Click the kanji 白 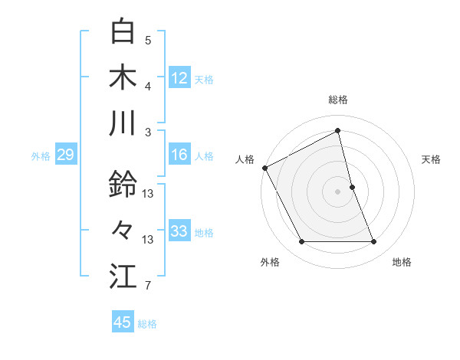point(123,33)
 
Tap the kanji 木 point(123,77)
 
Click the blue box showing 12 point(179,77)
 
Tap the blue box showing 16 point(179,155)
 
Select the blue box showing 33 point(179,231)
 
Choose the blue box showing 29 point(65,155)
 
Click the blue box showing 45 point(123,322)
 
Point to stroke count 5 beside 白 point(148,39)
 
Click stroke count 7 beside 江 point(148,286)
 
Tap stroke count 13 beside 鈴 point(148,194)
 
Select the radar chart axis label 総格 point(338,100)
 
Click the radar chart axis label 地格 point(402,263)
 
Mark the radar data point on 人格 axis point(264,168)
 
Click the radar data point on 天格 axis point(352,187)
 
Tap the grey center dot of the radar point(338,191)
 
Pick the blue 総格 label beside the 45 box point(147,324)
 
